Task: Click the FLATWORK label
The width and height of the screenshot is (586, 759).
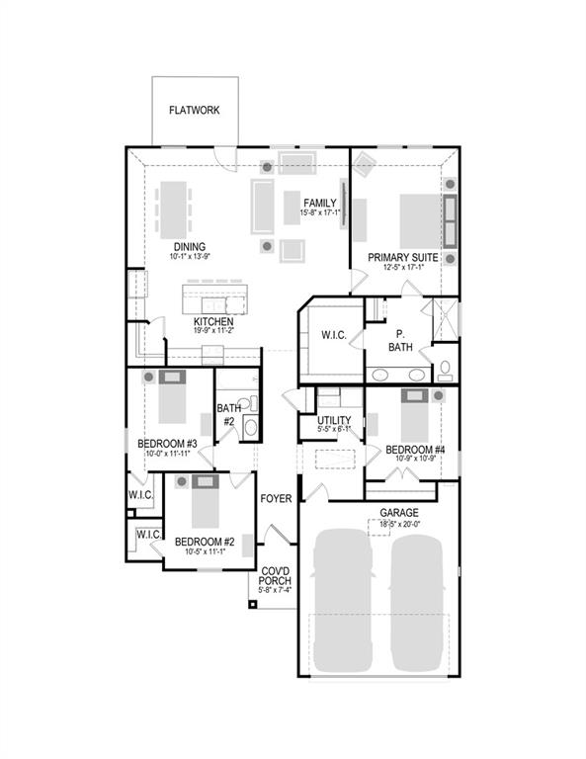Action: pyautogui.click(x=194, y=111)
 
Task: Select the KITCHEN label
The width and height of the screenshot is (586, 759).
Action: pyautogui.click(x=213, y=322)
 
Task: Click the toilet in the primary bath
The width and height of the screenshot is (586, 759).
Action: pyautogui.click(x=445, y=370)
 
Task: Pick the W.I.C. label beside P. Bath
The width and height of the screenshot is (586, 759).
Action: pyautogui.click(x=333, y=336)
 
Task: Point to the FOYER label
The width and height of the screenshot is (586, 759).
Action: pyautogui.click(x=276, y=499)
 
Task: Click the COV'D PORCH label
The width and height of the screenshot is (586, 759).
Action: pyautogui.click(x=276, y=576)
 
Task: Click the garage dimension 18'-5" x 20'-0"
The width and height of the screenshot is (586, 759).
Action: pyautogui.click(x=399, y=527)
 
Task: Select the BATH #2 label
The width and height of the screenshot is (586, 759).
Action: pyautogui.click(x=229, y=414)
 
